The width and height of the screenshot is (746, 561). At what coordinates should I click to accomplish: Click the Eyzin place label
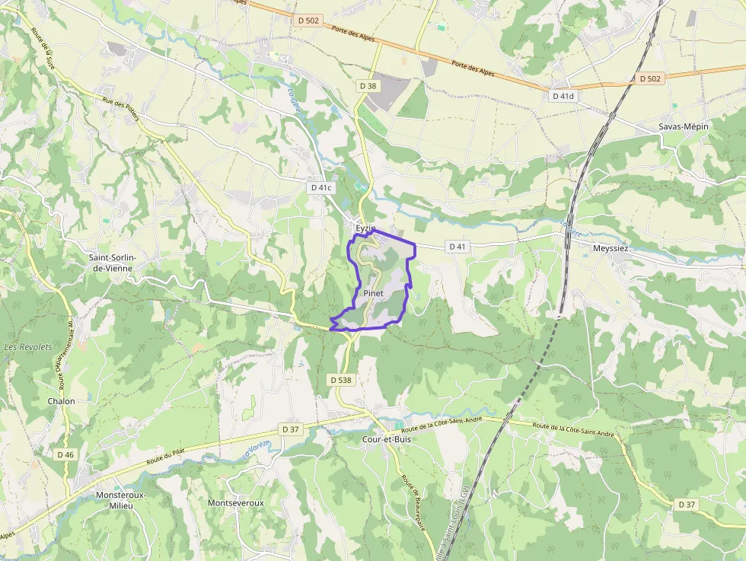pos(365,228)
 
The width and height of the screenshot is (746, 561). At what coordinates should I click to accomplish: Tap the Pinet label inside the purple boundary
pos(372,293)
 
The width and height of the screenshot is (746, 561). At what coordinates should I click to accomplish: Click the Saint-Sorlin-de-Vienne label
pos(113,263)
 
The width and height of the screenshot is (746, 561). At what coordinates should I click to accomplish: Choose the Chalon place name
pos(62,401)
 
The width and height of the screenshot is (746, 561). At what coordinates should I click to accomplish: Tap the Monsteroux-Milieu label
pos(120,500)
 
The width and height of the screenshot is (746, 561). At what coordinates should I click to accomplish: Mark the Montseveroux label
pos(235,503)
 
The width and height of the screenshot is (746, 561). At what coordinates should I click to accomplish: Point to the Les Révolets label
pos(28,347)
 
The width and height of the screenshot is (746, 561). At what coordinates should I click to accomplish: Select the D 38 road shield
pos(367,86)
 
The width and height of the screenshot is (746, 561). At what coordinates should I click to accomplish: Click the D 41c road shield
pos(321,187)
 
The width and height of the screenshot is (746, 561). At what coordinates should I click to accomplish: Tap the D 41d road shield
pos(563,97)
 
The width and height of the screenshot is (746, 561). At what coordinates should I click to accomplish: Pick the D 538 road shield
pos(341,379)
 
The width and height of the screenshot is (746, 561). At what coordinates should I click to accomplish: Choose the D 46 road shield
pos(65,454)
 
